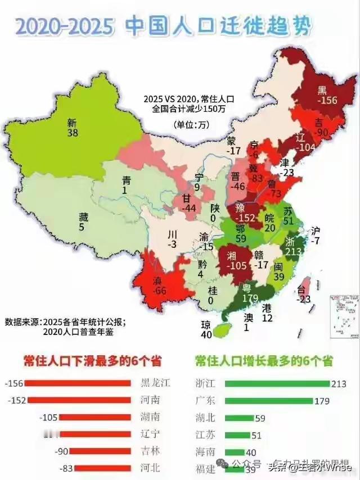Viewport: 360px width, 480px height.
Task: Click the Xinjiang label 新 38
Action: (71, 128)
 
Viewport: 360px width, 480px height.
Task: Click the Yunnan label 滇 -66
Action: (161, 284)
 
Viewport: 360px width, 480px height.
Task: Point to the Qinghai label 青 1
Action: (127, 185)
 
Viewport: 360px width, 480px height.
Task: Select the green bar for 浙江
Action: (277, 383)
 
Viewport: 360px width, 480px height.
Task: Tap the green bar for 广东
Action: (269, 400)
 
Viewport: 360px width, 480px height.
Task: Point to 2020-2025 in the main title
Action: (65, 26)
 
